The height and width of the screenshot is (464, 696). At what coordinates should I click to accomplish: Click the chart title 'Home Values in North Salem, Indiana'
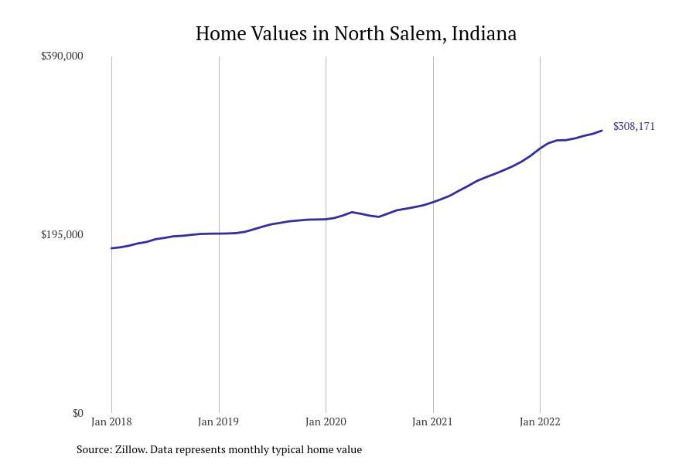(356, 34)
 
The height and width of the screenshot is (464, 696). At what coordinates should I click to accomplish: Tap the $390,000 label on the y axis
(62, 56)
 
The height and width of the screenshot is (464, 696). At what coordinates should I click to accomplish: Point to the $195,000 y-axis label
(62, 234)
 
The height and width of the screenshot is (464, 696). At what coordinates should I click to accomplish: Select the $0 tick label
(77, 413)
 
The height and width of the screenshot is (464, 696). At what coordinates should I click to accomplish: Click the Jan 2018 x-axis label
(111, 421)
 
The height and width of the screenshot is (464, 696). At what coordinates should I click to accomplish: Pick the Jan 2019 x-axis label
(219, 421)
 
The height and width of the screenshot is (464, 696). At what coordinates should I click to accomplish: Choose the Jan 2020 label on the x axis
(326, 421)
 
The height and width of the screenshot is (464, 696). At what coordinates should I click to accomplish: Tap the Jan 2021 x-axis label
(432, 421)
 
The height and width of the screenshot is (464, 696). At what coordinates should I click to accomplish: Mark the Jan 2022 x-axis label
(540, 421)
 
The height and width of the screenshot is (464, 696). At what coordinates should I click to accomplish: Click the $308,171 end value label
(633, 126)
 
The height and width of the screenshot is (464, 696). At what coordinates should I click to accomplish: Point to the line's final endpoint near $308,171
(602, 131)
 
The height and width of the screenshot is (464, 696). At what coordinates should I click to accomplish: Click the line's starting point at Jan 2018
(112, 248)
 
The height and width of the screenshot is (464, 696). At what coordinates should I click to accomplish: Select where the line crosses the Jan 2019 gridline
(219, 234)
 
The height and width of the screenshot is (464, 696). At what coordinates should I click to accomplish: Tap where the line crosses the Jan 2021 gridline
(433, 202)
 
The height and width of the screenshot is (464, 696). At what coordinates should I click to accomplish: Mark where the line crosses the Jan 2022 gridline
(540, 148)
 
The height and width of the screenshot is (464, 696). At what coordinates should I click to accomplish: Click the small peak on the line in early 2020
(352, 212)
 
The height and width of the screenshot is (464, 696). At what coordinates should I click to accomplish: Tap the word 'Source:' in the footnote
(94, 449)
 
